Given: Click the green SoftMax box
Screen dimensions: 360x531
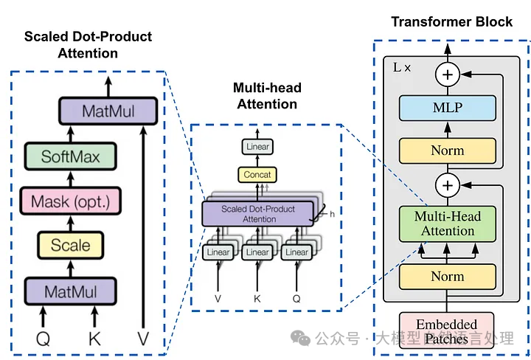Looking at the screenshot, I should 71,156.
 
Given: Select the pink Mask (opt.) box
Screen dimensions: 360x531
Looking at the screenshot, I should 71,201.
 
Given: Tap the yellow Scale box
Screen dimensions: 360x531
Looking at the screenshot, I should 71,245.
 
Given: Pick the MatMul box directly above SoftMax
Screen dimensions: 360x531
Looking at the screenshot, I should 108,112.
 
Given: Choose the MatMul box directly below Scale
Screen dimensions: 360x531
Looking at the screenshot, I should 71,291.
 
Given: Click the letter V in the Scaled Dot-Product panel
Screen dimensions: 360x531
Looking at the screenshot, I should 143,339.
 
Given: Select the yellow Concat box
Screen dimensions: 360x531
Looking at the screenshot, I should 257,175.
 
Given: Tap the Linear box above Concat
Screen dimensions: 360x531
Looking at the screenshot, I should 257,147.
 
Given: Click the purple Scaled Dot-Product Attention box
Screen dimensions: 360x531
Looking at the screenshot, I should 257,214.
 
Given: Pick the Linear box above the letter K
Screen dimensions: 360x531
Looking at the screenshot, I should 257,252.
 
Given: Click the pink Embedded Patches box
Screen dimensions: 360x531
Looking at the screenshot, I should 447,331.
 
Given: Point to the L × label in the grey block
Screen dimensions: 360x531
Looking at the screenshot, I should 403,67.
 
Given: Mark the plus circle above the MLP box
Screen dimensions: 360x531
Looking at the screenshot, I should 447,73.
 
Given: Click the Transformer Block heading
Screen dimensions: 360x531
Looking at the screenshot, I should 451,21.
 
